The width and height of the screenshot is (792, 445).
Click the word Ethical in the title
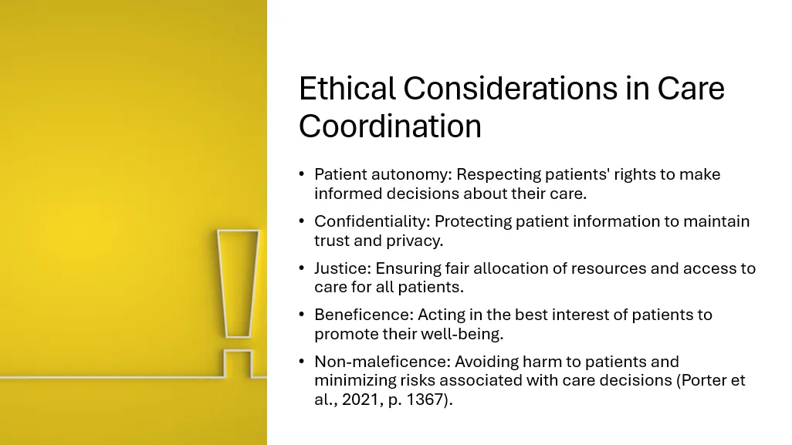(347, 88)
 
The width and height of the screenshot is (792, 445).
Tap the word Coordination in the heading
(390, 126)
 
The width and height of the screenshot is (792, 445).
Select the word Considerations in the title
(510, 88)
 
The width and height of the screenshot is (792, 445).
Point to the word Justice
(343, 268)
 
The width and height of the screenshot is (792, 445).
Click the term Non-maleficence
(382, 362)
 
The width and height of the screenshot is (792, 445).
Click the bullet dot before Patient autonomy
(302, 174)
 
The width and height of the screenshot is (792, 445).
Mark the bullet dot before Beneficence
(302, 315)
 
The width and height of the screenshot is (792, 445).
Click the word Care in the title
(691, 88)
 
